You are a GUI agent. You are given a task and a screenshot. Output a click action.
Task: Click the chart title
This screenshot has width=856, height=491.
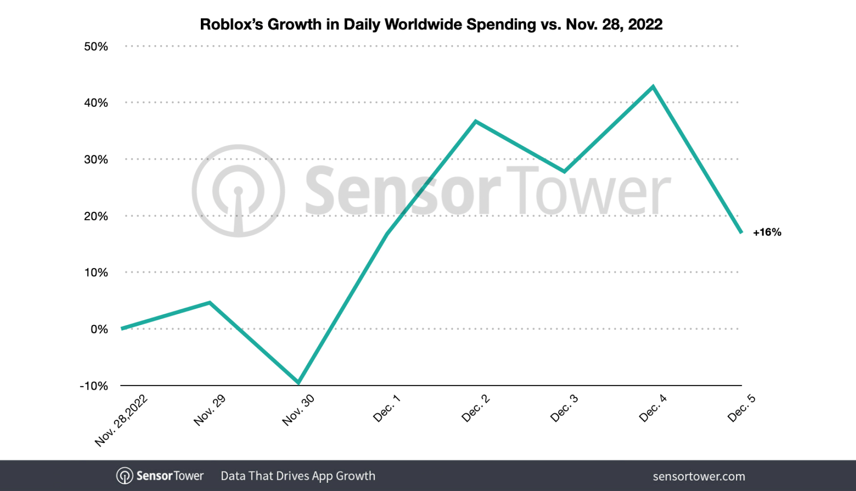pyautogui.click(x=431, y=24)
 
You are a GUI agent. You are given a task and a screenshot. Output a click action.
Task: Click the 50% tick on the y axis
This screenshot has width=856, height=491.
pyautogui.click(x=96, y=46)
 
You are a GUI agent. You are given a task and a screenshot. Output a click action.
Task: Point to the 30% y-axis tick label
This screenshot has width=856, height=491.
pyautogui.click(x=96, y=159)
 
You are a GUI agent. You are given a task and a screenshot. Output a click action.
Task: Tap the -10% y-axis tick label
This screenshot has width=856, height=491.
pyautogui.click(x=94, y=386)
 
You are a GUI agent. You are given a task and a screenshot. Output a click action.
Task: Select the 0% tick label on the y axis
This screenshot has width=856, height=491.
pyautogui.click(x=99, y=329)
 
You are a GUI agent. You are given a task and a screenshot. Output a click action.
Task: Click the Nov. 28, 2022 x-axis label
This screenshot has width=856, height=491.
pyautogui.click(x=121, y=420)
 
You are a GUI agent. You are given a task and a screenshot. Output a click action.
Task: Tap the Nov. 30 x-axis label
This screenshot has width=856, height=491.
pyautogui.click(x=298, y=410)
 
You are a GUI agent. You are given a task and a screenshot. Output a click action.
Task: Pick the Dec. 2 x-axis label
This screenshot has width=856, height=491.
pyautogui.click(x=476, y=408)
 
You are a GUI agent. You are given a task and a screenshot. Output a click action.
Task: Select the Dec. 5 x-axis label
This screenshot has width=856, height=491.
pyautogui.click(x=741, y=408)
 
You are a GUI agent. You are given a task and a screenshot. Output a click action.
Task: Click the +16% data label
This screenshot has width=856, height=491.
pyautogui.click(x=767, y=232)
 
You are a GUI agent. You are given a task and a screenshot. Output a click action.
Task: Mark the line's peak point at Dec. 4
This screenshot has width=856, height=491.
pyautogui.click(x=653, y=87)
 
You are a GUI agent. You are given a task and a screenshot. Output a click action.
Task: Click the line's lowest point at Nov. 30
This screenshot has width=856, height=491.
pyautogui.click(x=298, y=383)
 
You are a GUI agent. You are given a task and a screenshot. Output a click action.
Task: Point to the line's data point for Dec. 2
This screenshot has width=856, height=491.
pyautogui.click(x=476, y=121)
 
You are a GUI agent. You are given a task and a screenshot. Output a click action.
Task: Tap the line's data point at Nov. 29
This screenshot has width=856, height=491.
pyautogui.click(x=209, y=303)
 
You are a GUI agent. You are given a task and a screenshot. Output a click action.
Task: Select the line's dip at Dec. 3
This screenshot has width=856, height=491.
pyautogui.click(x=565, y=171)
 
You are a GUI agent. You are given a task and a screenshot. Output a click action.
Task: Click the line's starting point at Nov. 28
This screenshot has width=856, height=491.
pyautogui.click(x=122, y=329)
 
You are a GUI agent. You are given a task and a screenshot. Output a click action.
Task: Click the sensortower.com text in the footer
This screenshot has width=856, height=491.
pyautogui.click(x=698, y=476)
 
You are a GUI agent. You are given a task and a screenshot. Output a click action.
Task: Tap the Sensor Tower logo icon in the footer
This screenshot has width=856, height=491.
pyautogui.click(x=125, y=476)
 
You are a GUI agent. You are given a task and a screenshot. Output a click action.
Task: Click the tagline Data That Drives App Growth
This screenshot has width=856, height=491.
pyautogui.click(x=298, y=476)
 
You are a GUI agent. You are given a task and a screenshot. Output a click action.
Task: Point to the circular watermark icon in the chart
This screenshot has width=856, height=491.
pyautogui.click(x=238, y=191)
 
